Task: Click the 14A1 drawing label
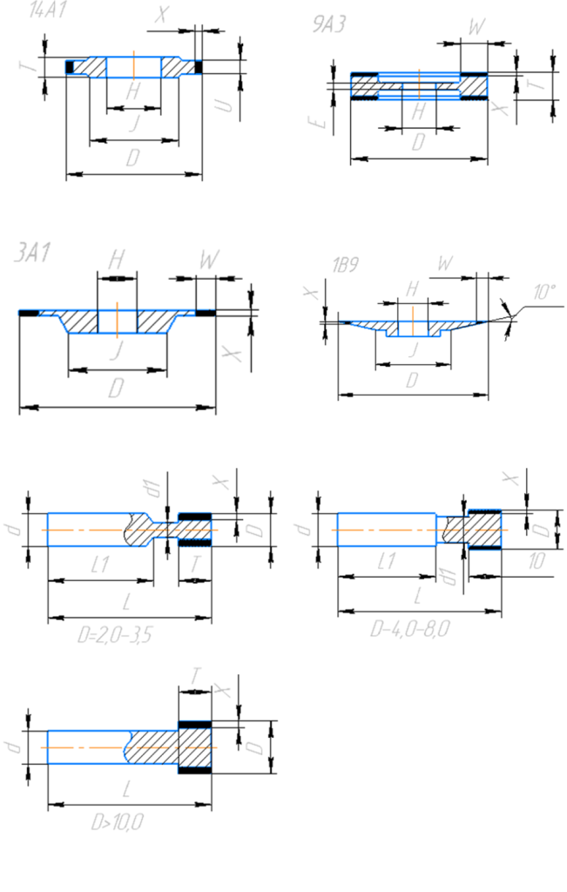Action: [x=48, y=12]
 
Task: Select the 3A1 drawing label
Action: [x=33, y=253]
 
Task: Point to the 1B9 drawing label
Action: [x=346, y=266]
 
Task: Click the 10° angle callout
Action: [x=544, y=293]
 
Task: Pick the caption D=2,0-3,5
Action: [x=114, y=635]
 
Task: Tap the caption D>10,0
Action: [x=117, y=821]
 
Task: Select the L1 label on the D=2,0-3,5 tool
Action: [x=98, y=564]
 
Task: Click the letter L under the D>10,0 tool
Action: [x=129, y=790]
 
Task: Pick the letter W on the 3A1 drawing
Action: [x=208, y=260]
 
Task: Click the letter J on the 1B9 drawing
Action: [x=413, y=348]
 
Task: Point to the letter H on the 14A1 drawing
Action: [x=132, y=90]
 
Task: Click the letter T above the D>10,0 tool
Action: [x=196, y=675]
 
